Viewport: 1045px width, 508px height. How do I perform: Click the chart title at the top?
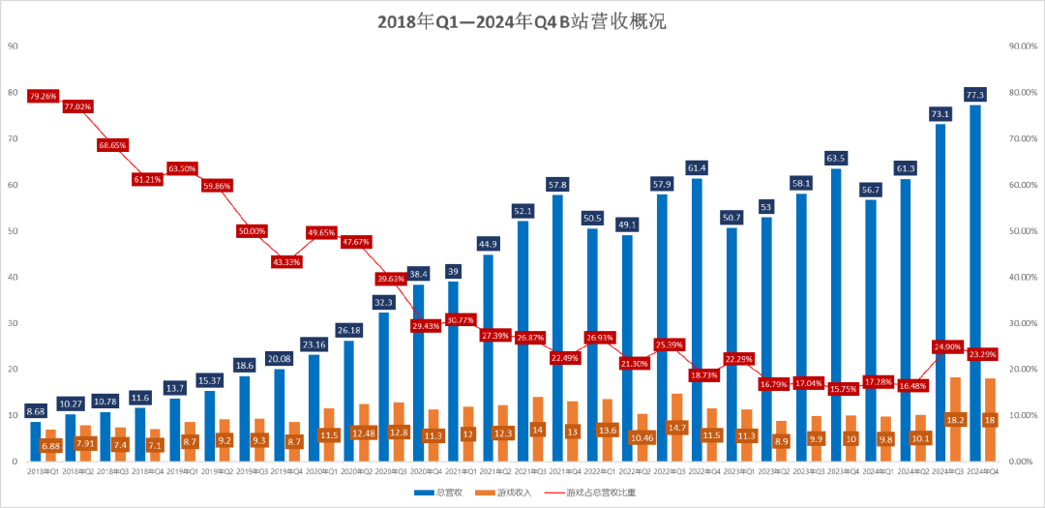[522, 21]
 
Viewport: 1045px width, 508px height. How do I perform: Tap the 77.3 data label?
[974, 94]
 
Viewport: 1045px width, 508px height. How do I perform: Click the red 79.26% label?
[44, 96]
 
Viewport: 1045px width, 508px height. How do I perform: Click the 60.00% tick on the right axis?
[1023, 185]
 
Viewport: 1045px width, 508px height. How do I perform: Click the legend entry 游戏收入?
[509, 493]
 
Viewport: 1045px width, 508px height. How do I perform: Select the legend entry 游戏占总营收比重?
[600, 493]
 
